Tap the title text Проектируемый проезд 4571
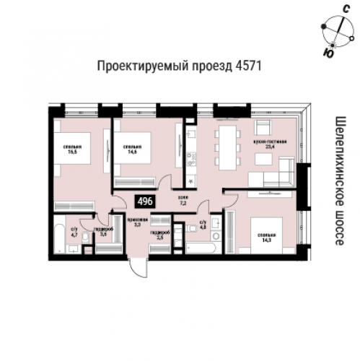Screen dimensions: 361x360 (x=178, y=66)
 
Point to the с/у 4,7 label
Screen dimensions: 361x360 (x=73, y=232)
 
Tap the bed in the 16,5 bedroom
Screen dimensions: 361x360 (x=73, y=170)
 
